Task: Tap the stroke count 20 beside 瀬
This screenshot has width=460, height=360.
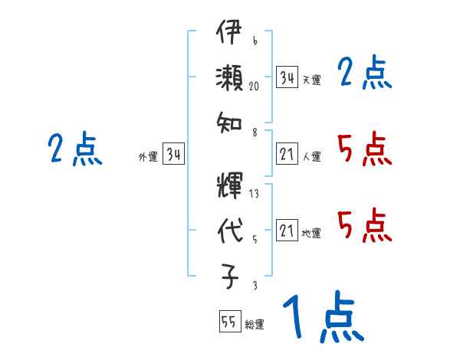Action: pyautogui.click(x=254, y=87)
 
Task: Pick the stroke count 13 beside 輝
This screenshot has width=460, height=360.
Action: pyautogui.click(x=254, y=194)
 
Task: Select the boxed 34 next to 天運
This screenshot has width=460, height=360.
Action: pyautogui.click(x=287, y=77)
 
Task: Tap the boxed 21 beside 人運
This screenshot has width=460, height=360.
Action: pyautogui.click(x=287, y=155)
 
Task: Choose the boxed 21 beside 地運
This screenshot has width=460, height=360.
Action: pyautogui.click(x=287, y=231)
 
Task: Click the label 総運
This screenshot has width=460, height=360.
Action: pyautogui.click(x=255, y=325)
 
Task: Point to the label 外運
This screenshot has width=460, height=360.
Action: pyautogui.click(x=148, y=157)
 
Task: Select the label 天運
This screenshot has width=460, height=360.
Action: pyautogui.click(x=311, y=80)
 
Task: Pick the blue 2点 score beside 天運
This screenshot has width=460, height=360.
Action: pyautogui.click(x=364, y=74)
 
